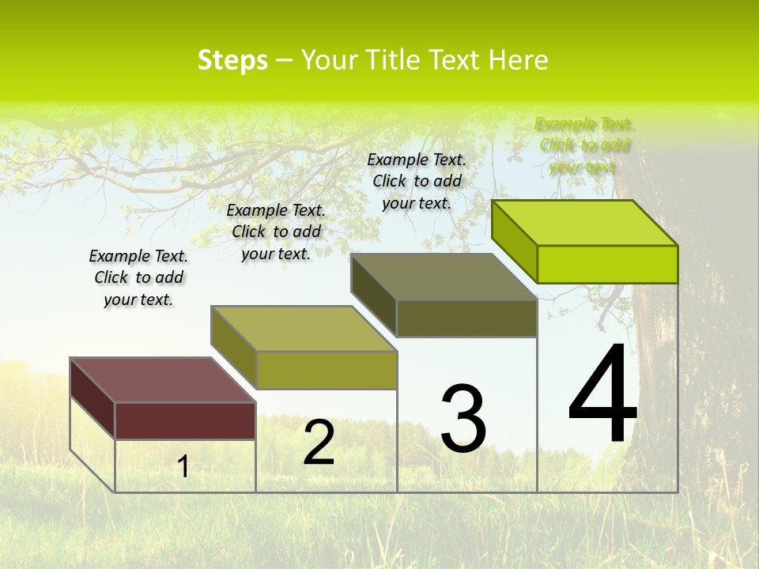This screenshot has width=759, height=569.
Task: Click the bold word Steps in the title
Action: [x=232, y=60]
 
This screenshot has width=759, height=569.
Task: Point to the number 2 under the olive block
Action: [x=319, y=443]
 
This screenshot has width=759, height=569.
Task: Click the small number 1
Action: [x=183, y=466]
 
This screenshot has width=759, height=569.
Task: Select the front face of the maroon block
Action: [x=185, y=420]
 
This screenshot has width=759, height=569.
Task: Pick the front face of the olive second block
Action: [x=327, y=370]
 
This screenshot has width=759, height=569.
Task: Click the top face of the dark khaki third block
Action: [x=444, y=277]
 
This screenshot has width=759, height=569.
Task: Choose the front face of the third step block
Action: [x=466, y=318]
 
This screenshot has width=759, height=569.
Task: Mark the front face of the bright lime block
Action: [x=607, y=264]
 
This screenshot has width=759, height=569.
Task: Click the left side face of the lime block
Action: [x=514, y=241]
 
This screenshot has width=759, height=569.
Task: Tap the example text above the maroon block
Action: [x=138, y=277]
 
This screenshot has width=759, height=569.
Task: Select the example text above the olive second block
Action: [x=276, y=232]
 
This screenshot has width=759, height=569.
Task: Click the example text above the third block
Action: [x=417, y=181]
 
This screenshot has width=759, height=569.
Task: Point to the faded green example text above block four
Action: [x=583, y=145]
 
